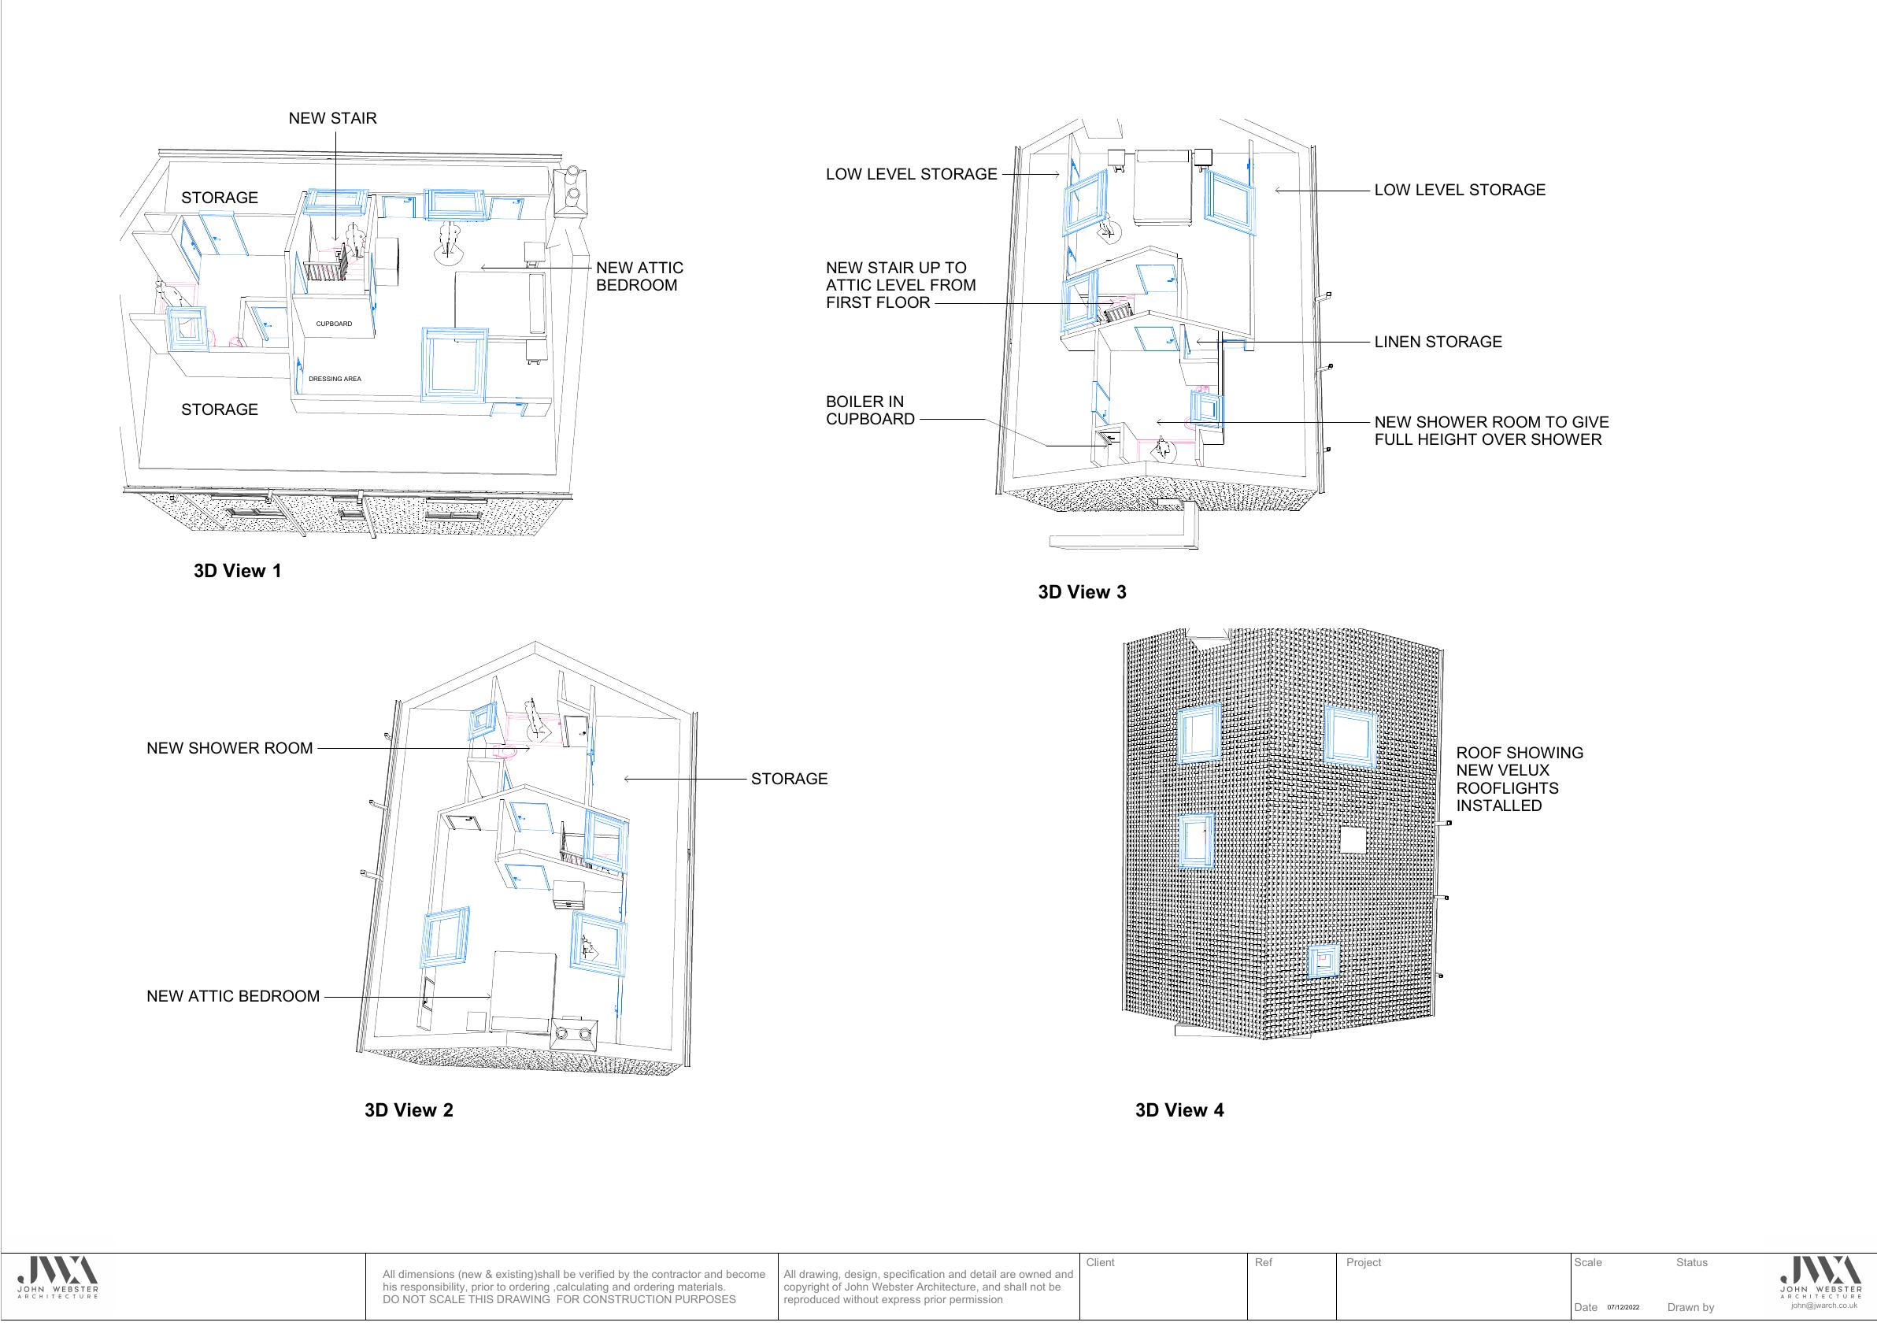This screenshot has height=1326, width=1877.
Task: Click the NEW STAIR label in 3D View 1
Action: coord(333,119)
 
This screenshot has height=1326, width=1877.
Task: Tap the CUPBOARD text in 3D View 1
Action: coord(335,324)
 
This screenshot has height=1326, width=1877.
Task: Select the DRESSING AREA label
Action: coord(335,380)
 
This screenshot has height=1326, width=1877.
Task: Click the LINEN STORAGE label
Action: coord(1438,343)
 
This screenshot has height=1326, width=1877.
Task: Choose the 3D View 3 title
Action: coord(1082,592)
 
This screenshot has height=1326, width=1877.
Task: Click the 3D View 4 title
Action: coord(1179,1110)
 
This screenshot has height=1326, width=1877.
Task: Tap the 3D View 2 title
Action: coord(409,1110)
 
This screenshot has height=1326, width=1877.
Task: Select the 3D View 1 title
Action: coord(238,571)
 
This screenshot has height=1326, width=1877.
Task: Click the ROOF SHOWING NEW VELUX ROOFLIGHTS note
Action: coord(1520,779)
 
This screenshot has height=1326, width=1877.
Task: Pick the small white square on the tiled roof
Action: coord(1353,839)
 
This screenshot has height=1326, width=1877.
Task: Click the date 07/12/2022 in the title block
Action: coord(1623,1307)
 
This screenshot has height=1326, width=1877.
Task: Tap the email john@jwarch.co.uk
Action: coord(1823,1306)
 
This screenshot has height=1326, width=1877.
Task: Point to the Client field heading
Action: coord(1101,1263)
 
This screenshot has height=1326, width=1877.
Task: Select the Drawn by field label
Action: coord(1690,1307)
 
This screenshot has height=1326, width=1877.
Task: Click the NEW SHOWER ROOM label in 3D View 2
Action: coord(230,749)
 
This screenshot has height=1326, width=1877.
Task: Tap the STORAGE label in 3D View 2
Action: coord(789,779)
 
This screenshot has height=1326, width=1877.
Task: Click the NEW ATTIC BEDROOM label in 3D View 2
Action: coord(233,997)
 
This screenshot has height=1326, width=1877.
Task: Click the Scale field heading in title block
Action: coord(1587,1263)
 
